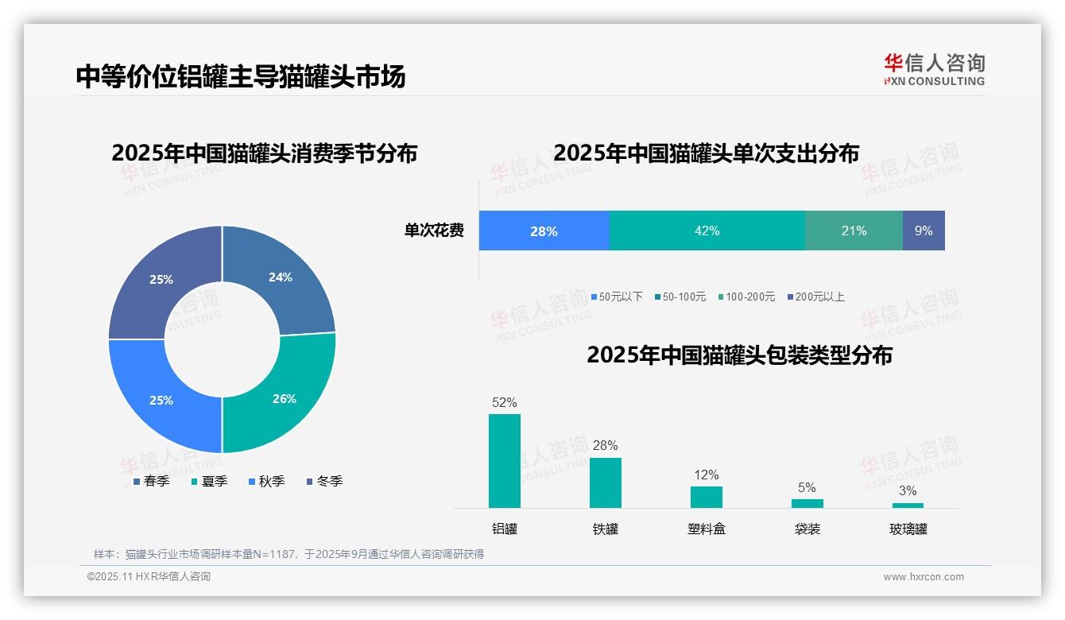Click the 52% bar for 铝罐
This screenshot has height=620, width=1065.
[504, 461]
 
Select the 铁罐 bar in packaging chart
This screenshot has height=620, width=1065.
[605, 482]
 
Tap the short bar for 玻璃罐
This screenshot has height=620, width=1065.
[908, 506]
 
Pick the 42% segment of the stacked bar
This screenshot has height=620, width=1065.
[707, 231]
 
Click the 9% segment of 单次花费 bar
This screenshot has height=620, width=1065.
[924, 231]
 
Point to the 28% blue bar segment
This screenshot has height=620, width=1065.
[544, 231]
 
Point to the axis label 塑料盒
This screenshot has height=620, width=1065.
[706, 529]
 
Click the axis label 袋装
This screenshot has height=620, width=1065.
[807, 529]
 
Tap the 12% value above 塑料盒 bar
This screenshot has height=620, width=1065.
[706, 475]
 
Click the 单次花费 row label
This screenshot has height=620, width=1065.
[434, 231]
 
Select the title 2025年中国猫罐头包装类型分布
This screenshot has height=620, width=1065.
[739, 355]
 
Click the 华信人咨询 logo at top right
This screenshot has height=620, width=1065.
[934, 69]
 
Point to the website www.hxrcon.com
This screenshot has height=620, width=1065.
[924, 577]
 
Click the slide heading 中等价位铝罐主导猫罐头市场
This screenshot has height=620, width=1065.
[241, 76]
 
